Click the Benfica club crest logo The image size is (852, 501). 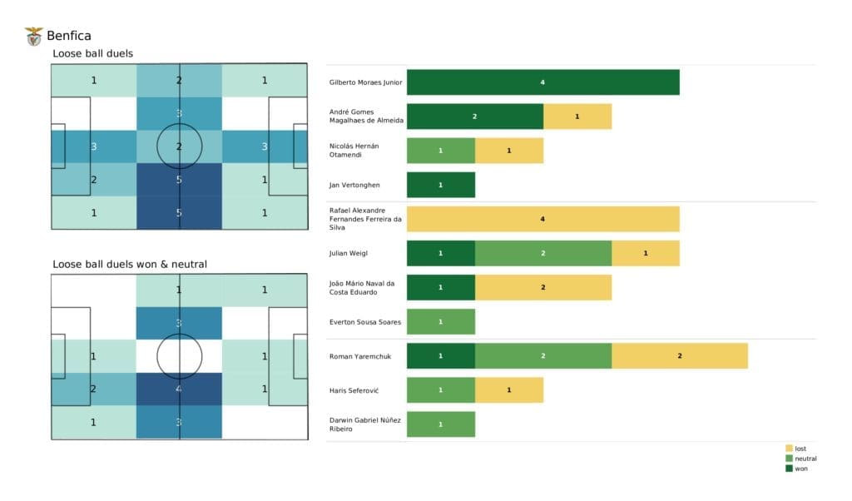34,36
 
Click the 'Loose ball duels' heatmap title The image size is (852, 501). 92,54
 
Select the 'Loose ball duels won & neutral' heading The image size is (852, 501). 130,264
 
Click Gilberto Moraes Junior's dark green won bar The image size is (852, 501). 542,82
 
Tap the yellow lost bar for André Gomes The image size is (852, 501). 577,117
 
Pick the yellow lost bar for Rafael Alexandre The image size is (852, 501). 542,219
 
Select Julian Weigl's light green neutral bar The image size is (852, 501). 542,253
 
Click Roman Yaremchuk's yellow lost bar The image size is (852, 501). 679,355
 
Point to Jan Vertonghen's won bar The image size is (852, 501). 440,185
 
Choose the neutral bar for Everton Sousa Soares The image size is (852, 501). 440,321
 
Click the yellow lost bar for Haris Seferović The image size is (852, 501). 508,389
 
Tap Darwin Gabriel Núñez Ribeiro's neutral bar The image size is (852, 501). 440,424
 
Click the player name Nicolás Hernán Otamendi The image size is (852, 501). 354,151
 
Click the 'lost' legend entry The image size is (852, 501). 800,449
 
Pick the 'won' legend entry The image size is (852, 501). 800,469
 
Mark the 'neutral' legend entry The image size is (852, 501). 805,459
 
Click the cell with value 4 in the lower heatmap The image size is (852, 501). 179,389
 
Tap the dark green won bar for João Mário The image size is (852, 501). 440,287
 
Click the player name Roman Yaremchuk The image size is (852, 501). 358,355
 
